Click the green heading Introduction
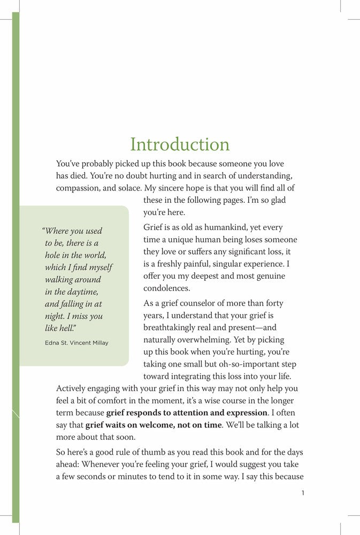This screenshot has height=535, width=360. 180,144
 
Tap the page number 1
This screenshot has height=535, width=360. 303,493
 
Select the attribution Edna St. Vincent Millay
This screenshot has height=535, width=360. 76,342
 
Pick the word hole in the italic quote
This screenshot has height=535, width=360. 56,255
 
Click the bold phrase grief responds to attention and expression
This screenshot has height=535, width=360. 187,412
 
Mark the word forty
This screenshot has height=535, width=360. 273,303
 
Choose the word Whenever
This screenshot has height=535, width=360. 103,464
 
